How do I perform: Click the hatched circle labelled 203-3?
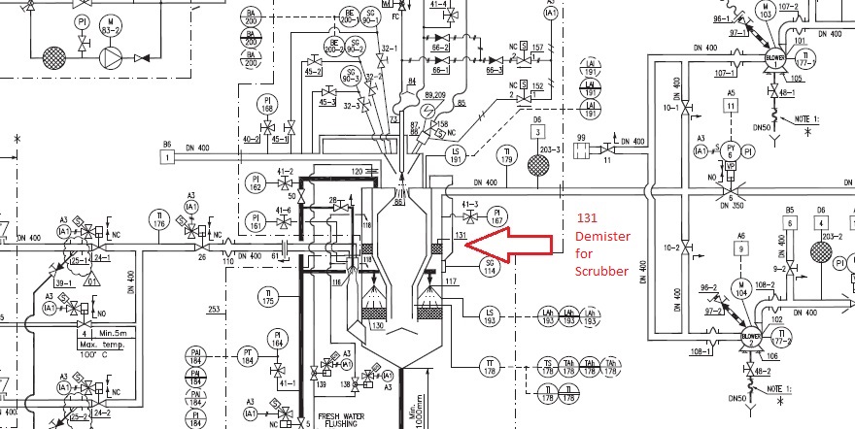pyautogui.click(x=538, y=164)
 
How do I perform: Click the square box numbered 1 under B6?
pyautogui.click(x=168, y=155)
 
